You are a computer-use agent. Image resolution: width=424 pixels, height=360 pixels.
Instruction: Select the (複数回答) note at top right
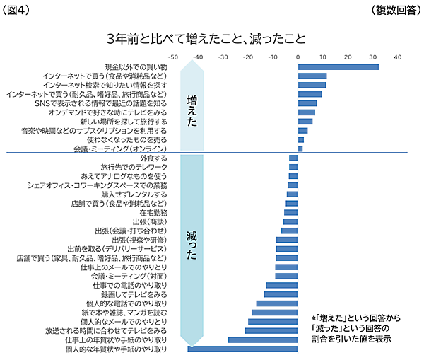396,9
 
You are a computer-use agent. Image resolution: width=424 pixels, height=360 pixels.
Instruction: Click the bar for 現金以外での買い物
338,67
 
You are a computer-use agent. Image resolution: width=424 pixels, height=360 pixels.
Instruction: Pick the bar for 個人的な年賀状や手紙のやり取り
242,349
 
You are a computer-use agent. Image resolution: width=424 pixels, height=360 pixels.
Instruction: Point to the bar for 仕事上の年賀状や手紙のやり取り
263,339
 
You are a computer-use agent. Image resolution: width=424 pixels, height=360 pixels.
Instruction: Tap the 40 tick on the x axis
397,56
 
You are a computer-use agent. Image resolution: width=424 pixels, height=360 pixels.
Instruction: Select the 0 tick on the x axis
298,56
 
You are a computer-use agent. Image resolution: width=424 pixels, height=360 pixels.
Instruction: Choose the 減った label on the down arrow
192,245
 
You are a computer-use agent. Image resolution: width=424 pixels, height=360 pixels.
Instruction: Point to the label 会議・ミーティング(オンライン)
120,149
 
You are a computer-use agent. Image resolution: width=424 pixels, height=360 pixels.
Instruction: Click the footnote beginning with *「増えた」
351,328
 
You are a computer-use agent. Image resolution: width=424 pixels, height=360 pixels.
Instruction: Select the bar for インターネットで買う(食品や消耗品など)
312,76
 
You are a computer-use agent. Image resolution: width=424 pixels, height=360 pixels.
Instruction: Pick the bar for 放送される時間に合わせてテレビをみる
271,330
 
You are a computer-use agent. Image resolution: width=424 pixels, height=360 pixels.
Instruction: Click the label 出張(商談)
149,221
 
